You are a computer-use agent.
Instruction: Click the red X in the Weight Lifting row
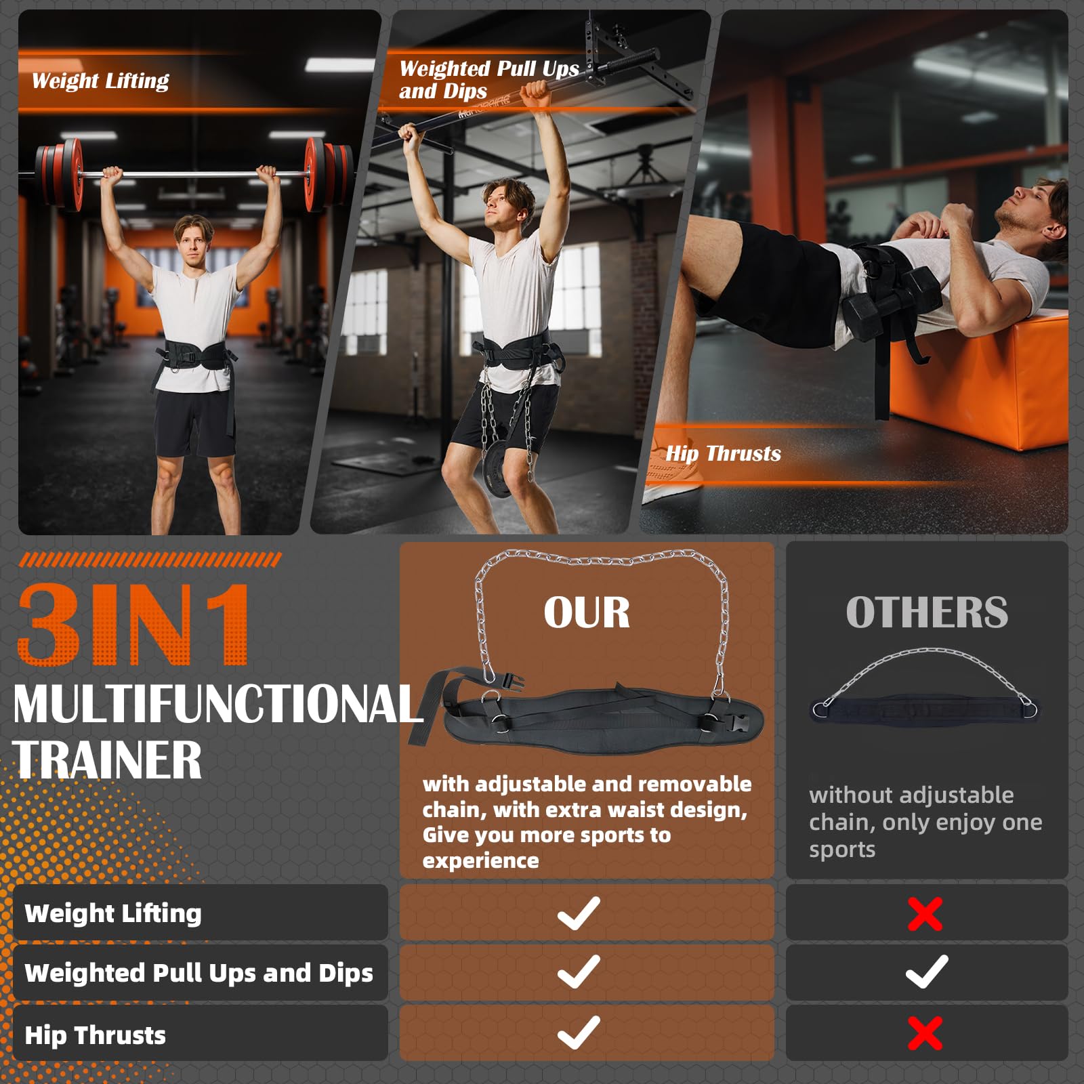point(925,914)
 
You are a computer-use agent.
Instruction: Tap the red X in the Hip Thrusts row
point(925,1033)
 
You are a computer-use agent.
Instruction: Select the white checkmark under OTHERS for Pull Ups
point(926,972)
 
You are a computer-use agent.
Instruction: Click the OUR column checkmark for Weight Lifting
point(579,913)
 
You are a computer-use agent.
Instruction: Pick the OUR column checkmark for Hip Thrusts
point(579,1033)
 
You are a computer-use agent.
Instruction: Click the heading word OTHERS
point(926,612)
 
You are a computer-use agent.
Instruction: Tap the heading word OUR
point(587,612)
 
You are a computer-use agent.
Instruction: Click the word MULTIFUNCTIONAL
point(217,705)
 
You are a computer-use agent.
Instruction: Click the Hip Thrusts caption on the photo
point(723,453)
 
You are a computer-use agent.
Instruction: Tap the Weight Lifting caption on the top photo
point(100,81)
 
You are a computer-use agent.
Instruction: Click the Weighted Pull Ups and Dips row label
point(199,973)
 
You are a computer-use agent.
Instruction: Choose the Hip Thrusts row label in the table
point(95,1035)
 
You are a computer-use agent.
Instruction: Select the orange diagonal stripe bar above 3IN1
point(150,560)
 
